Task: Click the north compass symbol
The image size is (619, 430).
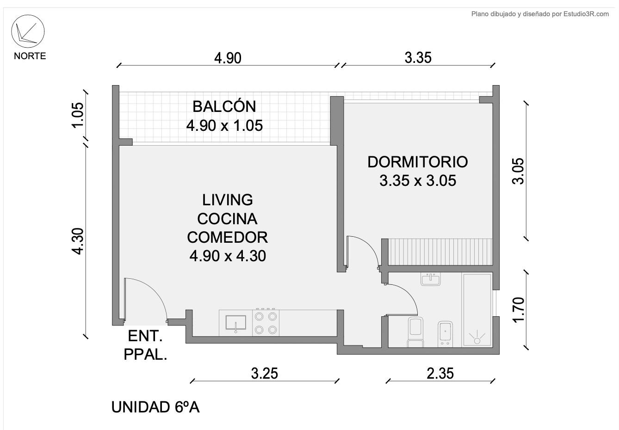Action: (28, 31)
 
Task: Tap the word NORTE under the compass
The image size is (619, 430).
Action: (30, 56)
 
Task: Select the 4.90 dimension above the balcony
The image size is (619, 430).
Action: (228, 58)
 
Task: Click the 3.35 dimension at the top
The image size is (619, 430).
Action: (418, 58)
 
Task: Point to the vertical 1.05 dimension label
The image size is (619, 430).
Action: (78, 115)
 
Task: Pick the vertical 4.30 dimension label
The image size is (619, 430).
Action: (78, 241)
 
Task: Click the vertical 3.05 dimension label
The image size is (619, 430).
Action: (518, 171)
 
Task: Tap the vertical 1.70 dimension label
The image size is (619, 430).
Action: (518, 310)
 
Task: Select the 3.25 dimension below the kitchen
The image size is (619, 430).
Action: (265, 374)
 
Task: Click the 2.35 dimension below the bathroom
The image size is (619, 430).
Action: (440, 374)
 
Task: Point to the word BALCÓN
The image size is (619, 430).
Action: (224, 106)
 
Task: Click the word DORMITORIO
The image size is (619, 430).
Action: (418, 162)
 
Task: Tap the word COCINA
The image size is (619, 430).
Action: (227, 219)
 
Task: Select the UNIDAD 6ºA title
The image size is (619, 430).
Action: (155, 407)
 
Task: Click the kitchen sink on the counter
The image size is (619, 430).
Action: (236, 323)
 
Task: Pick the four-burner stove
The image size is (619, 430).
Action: (266, 323)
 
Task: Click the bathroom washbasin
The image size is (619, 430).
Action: (431, 279)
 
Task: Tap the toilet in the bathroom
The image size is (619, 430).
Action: (415, 332)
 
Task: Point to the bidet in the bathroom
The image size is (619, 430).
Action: (445, 334)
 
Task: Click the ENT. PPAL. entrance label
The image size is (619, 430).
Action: (145, 345)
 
